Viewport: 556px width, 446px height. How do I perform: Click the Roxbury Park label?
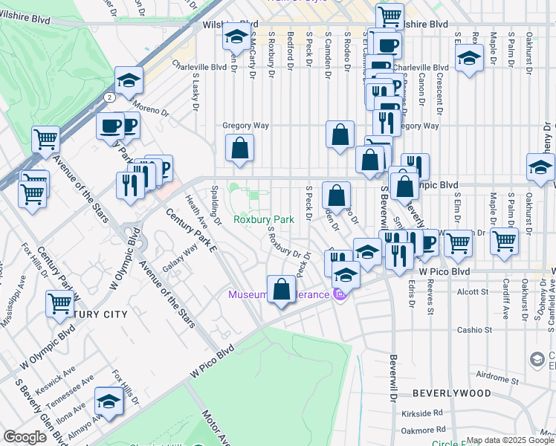point(263,219)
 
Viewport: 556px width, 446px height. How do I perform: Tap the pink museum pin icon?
point(341,295)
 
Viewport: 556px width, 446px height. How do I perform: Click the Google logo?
point(25,436)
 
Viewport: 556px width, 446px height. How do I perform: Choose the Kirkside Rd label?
point(428,412)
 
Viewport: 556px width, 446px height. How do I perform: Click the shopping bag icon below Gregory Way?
point(240,149)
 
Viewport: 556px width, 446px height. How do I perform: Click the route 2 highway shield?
point(109,97)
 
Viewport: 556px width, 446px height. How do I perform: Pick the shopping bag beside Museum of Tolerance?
point(282,290)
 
